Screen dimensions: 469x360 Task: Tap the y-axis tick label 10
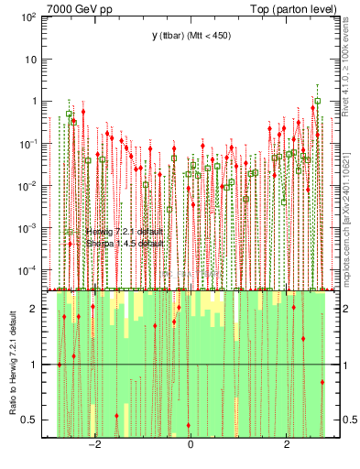coord(32,60)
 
